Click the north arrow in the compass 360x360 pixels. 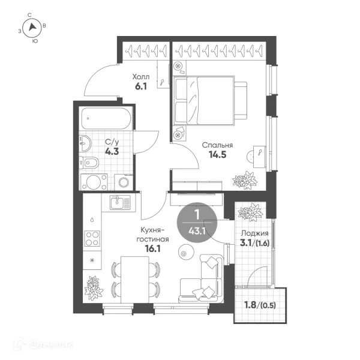pyautogui.click(x=32, y=27)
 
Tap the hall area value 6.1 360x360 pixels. pyautogui.click(x=141, y=86)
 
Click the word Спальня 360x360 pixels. pyautogui.click(x=217, y=145)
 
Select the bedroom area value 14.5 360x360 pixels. pyautogui.click(x=217, y=155)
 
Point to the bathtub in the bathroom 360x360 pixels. pyautogui.click(x=106, y=118)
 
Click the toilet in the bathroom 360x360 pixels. pyautogui.click(x=89, y=163)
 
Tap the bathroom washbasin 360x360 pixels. pyautogui.click(x=85, y=143)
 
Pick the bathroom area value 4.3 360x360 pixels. pyautogui.click(x=112, y=152)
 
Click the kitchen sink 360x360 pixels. pyautogui.click(x=120, y=203)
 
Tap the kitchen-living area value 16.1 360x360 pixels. pyautogui.click(x=152, y=248)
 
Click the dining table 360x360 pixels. pyautogui.click(x=135, y=280)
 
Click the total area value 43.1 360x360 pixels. pyautogui.click(x=197, y=231)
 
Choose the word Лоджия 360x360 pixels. pyautogui.click(x=254, y=233)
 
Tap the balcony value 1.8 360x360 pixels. pyautogui.click(x=250, y=305)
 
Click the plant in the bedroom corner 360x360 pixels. pyautogui.click(x=245, y=181)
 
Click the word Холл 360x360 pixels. pyautogui.click(x=141, y=76)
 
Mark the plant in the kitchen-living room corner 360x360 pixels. pyautogui.click(x=94, y=289)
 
